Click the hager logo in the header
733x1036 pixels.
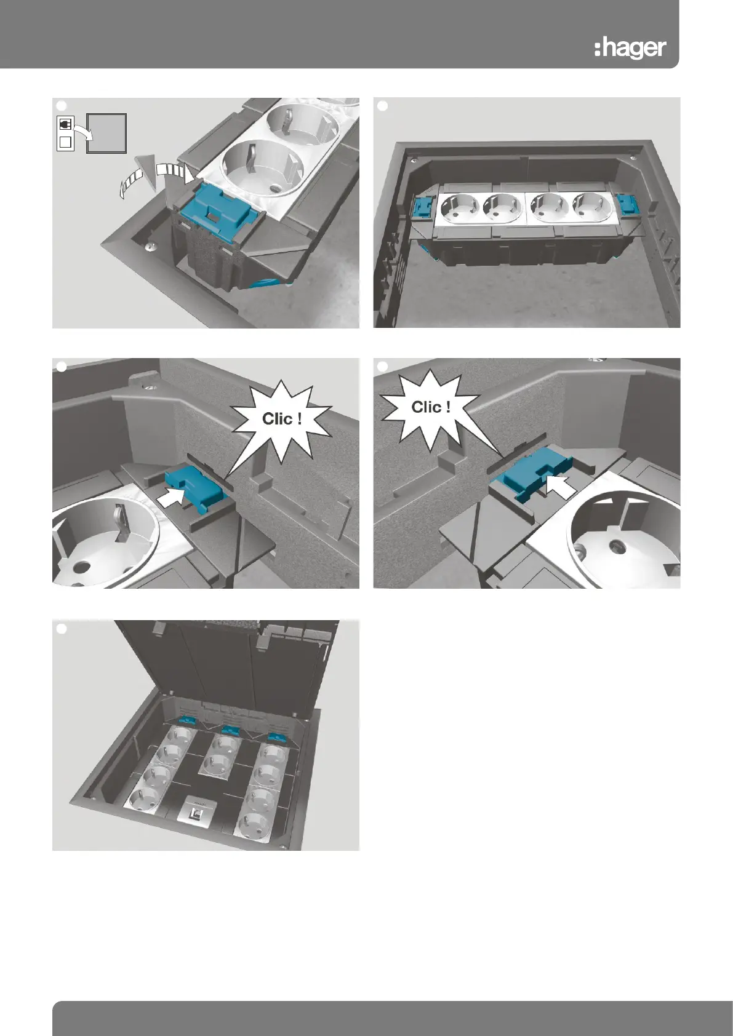(630, 49)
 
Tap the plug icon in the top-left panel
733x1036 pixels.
(65, 124)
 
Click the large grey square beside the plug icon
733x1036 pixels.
(106, 133)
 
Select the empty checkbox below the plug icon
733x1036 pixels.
(65, 141)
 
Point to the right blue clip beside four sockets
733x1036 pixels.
(628, 204)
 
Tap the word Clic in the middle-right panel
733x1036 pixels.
(425, 407)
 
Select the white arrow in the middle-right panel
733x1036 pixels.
(561, 486)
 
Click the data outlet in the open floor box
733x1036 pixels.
(193, 809)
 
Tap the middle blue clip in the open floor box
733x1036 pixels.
(230, 730)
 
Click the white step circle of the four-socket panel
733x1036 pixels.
(383, 106)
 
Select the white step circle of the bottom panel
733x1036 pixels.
(61, 629)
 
